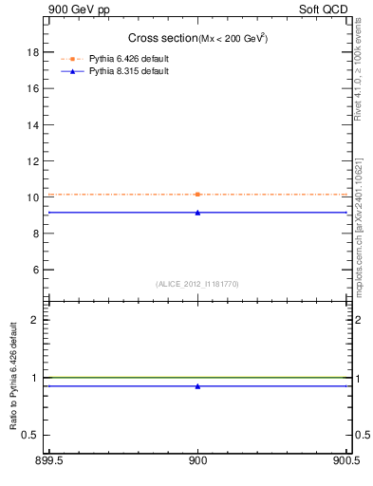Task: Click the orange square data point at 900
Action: [x=197, y=195]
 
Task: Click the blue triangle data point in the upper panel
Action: [x=197, y=213]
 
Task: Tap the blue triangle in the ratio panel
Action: [x=197, y=386]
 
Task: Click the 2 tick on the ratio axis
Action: [x=35, y=320]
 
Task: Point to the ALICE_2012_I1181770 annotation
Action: [x=196, y=284]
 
